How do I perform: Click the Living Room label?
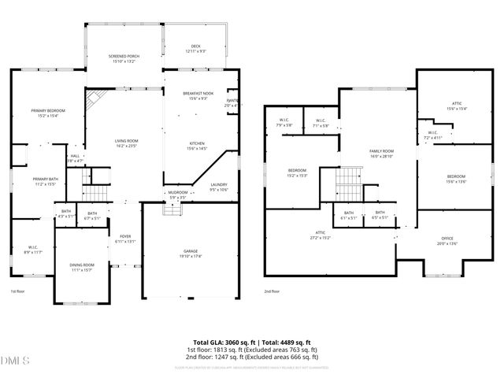[x=126, y=143]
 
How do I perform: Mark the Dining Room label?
[x=82, y=267]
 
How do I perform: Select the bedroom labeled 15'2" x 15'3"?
[x=297, y=172]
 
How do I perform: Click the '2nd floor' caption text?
[x=272, y=291]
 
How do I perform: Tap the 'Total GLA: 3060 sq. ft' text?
[x=222, y=342]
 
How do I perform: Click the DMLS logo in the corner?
[x=15, y=361]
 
